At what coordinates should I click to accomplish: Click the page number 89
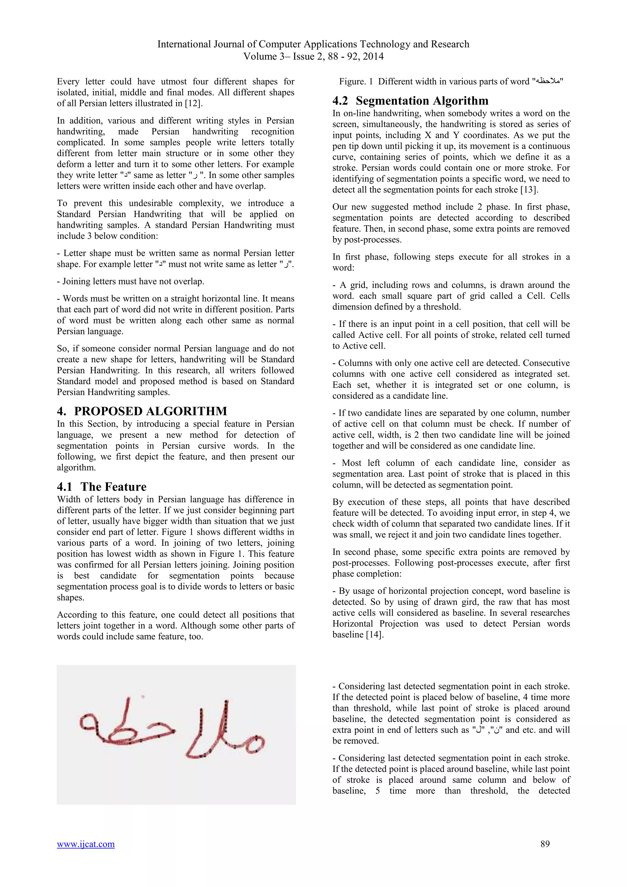tap(545, 844)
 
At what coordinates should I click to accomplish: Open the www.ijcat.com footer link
tap(86, 844)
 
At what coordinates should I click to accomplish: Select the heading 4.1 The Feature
tap(102, 486)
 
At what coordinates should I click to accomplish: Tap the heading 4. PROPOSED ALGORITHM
tap(142, 411)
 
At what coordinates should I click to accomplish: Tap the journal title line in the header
tap(313, 44)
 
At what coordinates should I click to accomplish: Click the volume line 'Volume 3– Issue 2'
tap(313, 56)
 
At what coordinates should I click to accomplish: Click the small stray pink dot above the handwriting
tap(143, 696)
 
